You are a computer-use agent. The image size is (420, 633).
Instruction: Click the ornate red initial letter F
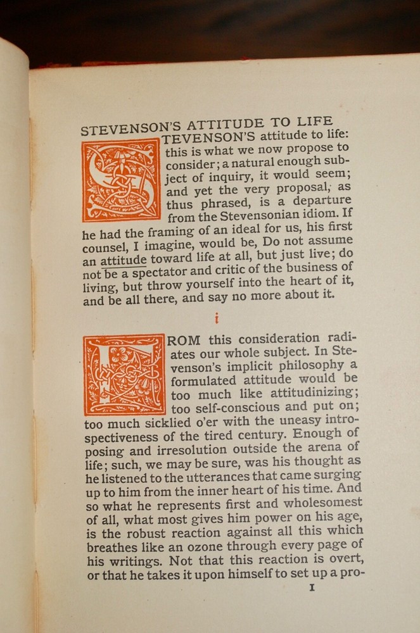124,374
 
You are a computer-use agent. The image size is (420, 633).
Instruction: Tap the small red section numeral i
217,319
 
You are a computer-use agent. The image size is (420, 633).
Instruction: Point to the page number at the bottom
311,587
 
